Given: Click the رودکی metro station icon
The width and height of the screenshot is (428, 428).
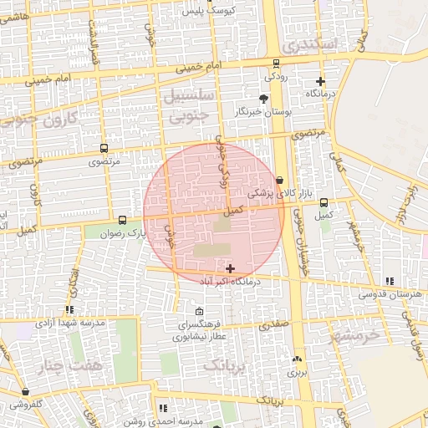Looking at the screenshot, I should [x=276, y=64].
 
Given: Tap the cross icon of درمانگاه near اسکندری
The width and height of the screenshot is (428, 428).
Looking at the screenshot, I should [x=320, y=81].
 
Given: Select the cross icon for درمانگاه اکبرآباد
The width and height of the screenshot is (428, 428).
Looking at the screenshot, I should [x=231, y=268].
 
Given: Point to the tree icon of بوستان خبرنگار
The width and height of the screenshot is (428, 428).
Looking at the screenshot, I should [x=264, y=99].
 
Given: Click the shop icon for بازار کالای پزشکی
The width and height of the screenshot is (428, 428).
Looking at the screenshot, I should [x=279, y=179].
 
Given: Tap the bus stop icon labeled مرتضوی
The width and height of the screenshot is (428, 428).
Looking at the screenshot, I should [x=104, y=147].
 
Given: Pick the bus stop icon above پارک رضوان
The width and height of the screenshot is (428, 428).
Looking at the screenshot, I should [x=124, y=220].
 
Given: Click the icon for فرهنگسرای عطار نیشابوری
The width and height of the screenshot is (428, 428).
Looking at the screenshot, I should [x=198, y=311].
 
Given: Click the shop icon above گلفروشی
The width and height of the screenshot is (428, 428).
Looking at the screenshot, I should [x=26, y=391].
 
